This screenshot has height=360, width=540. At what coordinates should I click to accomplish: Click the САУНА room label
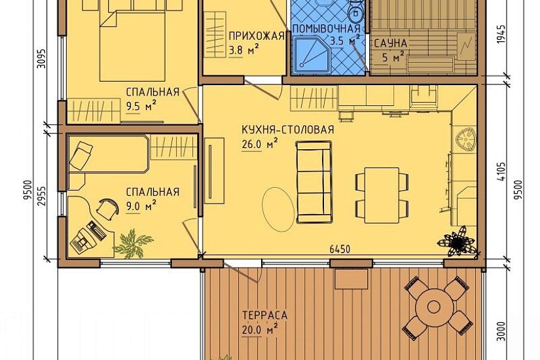pyautogui.click(x=391, y=43)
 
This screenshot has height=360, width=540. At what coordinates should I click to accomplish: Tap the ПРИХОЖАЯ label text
pyautogui.click(x=257, y=36)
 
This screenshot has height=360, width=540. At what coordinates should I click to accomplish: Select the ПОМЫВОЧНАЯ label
pyautogui.click(x=327, y=28)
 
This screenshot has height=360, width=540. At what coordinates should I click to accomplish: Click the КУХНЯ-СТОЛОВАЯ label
pyautogui.click(x=288, y=130)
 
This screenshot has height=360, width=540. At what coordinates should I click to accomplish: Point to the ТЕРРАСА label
pyautogui.click(x=265, y=315)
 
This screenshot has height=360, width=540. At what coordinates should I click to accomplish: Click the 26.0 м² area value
pyautogui.click(x=260, y=145)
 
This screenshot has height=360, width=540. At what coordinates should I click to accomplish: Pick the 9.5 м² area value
pyautogui.click(x=141, y=106)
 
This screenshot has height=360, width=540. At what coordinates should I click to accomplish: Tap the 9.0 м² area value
pyautogui.click(x=141, y=206)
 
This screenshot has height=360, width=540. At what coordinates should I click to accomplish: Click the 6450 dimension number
pyautogui.click(x=340, y=249)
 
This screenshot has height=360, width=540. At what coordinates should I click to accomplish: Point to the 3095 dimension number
pyautogui.click(x=42, y=60)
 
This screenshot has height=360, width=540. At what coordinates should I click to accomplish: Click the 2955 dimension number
pyautogui.click(x=42, y=196)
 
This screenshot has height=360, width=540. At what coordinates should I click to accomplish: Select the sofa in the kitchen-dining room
pyautogui.click(x=314, y=182)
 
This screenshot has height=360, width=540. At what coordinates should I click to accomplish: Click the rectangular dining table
pyautogui.click(x=382, y=195)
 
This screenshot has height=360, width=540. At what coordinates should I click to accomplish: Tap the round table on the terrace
pyautogui.click(x=433, y=306)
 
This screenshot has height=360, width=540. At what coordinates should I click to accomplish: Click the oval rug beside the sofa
pyautogui.click(x=279, y=209)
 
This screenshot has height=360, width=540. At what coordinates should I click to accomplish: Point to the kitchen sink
pyautogui.click(x=465, y=139)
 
